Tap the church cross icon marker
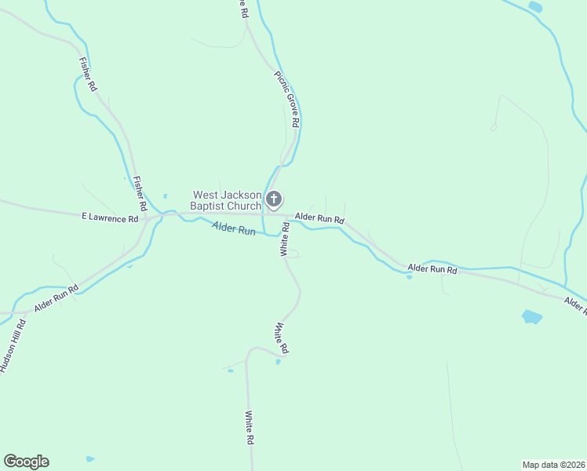[x=274, y=199]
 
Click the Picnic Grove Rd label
[x=287, y=100]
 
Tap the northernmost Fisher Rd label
[x=87, y=75]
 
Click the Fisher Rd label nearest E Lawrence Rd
[x=140, y=194]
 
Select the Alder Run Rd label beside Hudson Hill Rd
[x=57, y=300]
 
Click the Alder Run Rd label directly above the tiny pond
[x=432, y=269]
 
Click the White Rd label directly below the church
[x=285, y=239]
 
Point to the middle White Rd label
[x=282, y=338]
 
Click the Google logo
[x=26, y=462]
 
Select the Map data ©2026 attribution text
[x=553, y=464]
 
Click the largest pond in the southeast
[x=531, y=317]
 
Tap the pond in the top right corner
[x=535, y=7]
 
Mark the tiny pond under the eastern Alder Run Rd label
[x=410, y=277]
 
